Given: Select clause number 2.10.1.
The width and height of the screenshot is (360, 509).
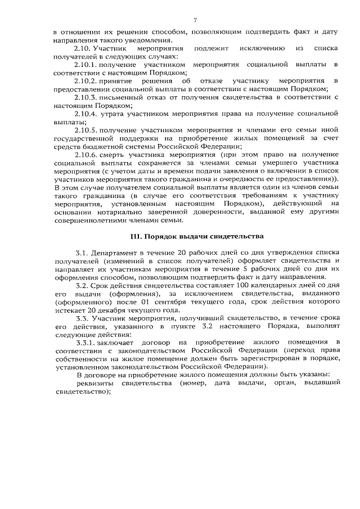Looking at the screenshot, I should click(x=86, y=65).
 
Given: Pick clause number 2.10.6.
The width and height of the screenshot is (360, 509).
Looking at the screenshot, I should click(x=86, y=154).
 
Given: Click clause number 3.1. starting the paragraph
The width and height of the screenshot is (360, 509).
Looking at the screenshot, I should click(x=82, y=254).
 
